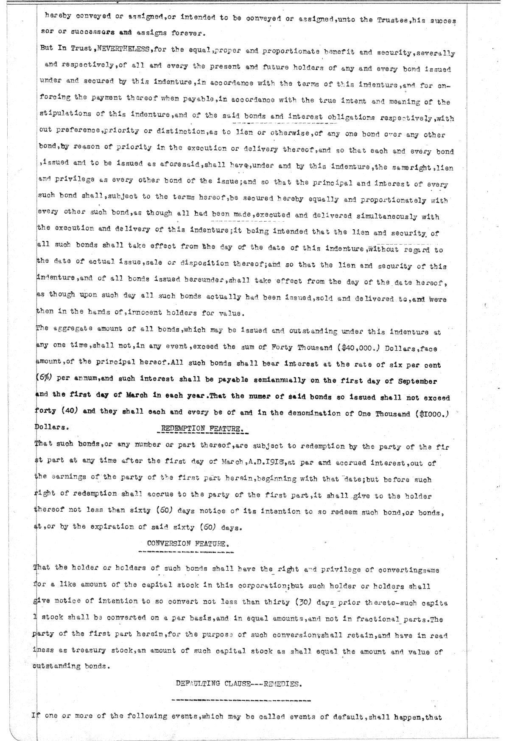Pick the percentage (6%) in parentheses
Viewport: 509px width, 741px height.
(43, 381)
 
